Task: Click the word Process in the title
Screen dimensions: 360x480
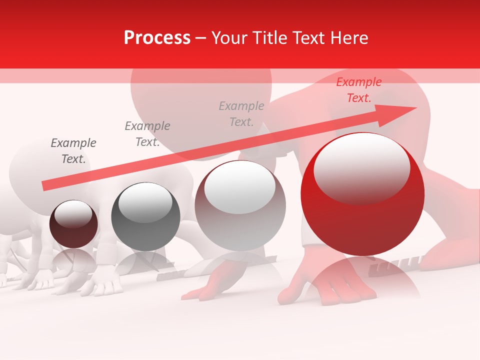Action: tap(157, 38)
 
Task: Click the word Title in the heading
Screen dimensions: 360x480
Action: tap(268, 38)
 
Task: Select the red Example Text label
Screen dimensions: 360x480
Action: tap(358, 90)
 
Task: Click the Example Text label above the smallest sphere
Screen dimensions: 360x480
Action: tap(73, 151)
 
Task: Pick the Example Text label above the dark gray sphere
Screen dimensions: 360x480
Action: tap(147, 134)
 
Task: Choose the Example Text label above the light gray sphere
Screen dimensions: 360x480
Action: tap(241, 114)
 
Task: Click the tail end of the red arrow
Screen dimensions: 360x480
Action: tap(45, 186)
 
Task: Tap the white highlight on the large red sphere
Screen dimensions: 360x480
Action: tap(361, 167)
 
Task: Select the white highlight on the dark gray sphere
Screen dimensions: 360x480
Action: tap(145, 202)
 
